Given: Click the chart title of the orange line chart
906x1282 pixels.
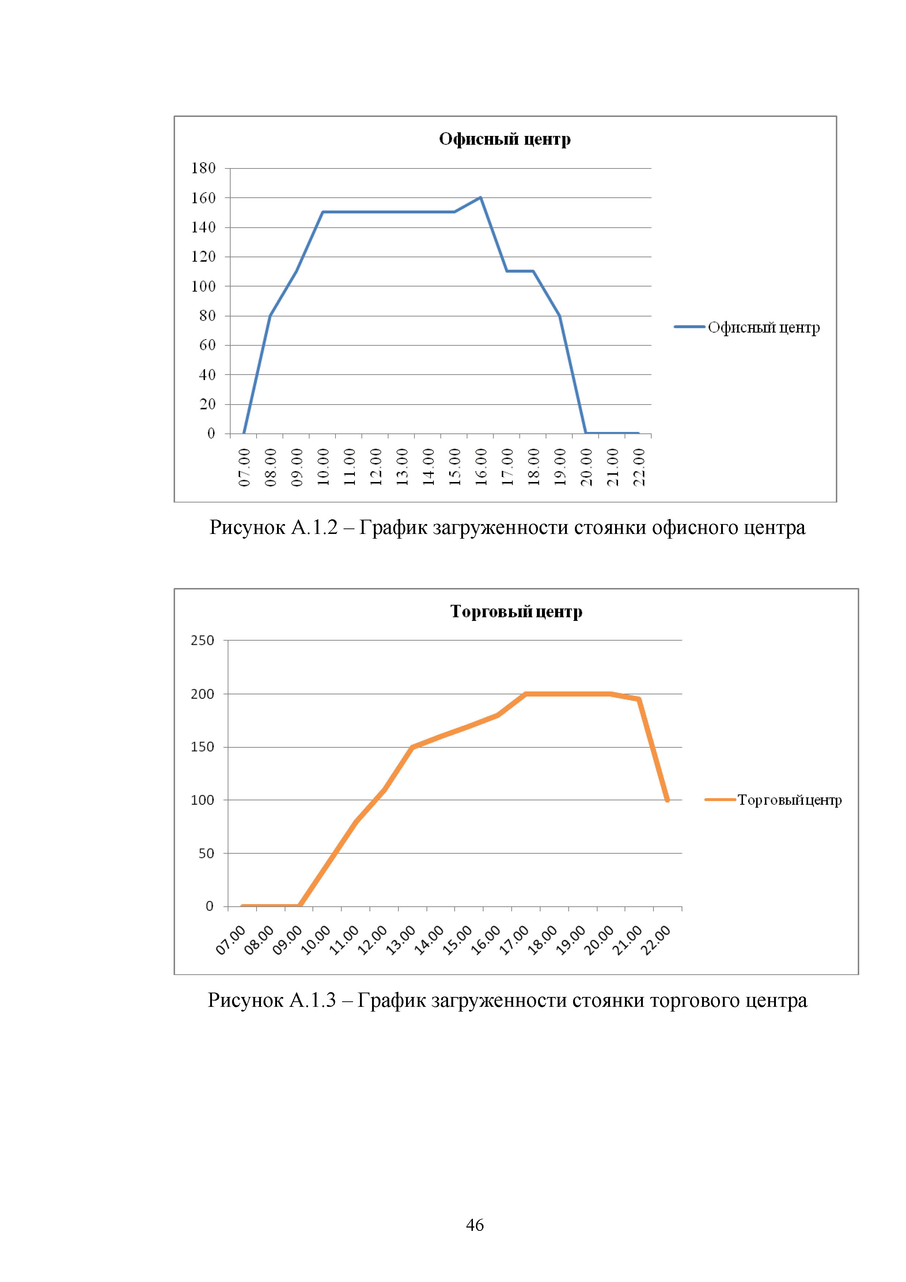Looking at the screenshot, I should (x=516, y=611).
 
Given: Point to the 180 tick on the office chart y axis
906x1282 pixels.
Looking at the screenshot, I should (x=203, y=168).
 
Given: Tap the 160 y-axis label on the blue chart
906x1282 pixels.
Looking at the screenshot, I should (x=203, y=198).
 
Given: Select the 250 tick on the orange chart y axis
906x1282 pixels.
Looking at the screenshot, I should (x=202, y=640).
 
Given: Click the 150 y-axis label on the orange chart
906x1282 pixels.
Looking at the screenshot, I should (x=202, y=747).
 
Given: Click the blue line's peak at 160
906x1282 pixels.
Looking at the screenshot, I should (x=481, y=198).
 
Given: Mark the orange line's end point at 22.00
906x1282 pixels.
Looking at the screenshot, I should (x=667, y=800).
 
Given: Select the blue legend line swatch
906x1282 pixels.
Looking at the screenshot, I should (x=689, y=327).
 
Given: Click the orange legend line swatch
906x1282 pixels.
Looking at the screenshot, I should (x=720, y=800).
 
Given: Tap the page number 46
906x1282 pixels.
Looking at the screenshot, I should (x=474, y=1225).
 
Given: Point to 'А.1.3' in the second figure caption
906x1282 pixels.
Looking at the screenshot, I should (x=312, y=1000).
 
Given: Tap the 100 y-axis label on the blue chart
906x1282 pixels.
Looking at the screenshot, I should (x=203, y=287).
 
